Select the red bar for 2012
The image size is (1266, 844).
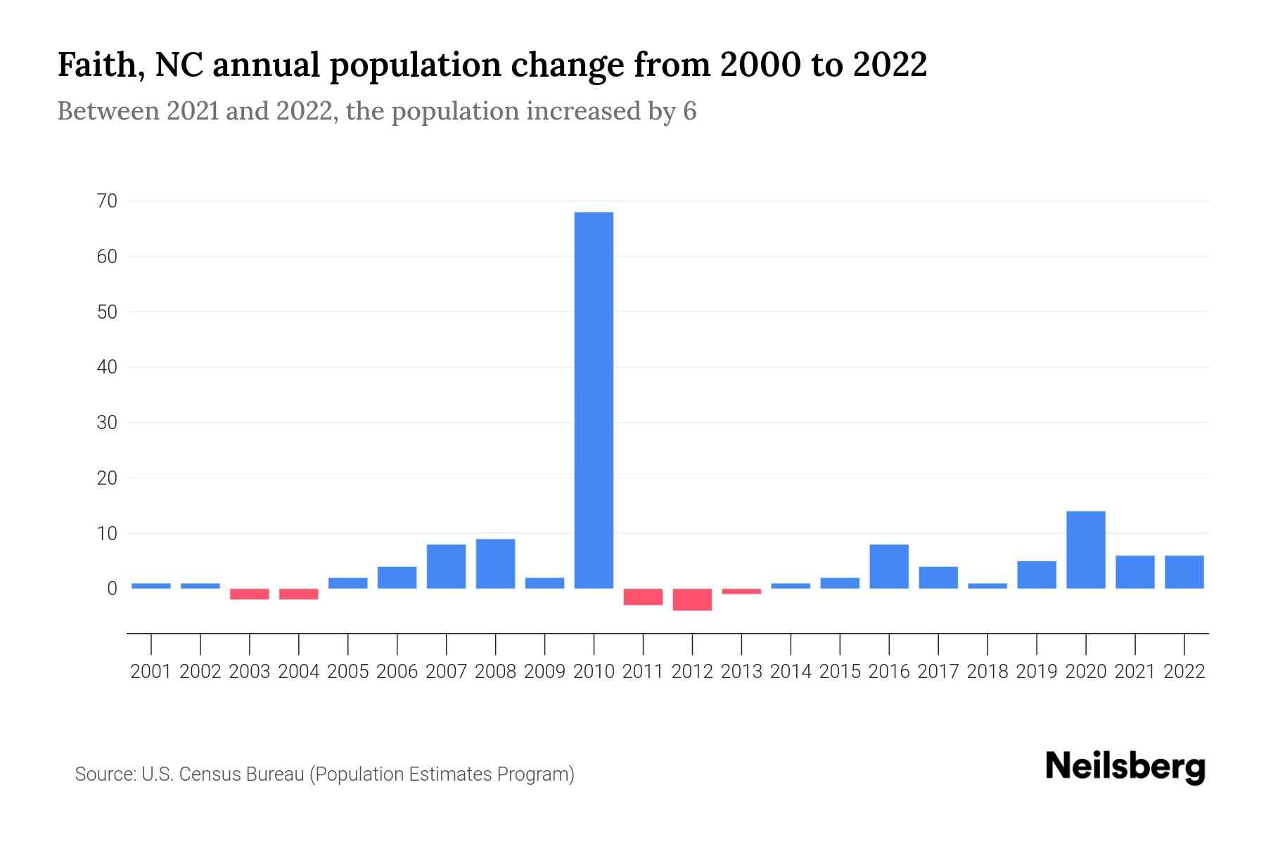692,599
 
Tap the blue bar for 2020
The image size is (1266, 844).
1086,549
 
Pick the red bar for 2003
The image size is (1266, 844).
250,594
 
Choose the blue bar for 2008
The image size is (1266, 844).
495,563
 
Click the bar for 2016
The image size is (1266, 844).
889,566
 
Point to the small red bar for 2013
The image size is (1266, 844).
741,592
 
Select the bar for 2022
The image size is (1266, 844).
1184,572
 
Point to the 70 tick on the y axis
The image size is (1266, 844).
108,201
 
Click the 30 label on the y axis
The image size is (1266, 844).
108,423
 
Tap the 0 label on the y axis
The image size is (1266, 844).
112,589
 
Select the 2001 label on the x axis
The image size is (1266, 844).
151,672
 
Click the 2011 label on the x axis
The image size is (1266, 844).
643,672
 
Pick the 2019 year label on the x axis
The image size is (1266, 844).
1037,672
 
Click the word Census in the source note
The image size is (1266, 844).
213,774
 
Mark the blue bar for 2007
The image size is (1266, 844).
446,566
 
